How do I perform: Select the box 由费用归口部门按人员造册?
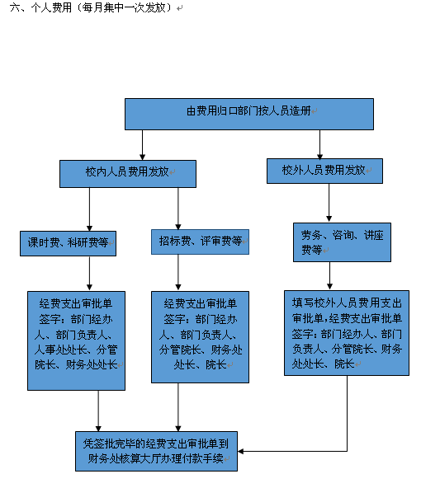[249, 115]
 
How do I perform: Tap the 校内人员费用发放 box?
[128, 174]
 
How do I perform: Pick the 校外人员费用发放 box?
[324, 171]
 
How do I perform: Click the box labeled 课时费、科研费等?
[68, 244]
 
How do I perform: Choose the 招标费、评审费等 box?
[200, 242]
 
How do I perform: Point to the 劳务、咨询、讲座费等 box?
[342, 242]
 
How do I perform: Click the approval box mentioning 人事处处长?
[76, 340]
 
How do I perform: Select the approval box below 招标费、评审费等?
[200, 337]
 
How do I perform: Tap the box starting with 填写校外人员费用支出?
[347, 333]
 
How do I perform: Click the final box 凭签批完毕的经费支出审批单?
[156, 451]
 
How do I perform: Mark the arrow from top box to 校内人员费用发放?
[143, 145]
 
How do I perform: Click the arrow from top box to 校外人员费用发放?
[319, 144]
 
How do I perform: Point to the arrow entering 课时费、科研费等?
[89, 209]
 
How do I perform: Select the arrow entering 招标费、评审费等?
[178, 209]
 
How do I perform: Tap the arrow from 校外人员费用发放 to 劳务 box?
[329, 203]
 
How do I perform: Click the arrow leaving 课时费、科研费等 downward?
[89, 274]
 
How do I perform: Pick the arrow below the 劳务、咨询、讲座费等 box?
[329, 276]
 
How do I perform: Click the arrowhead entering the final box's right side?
[240, 451]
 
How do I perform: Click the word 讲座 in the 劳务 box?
[374, 235]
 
